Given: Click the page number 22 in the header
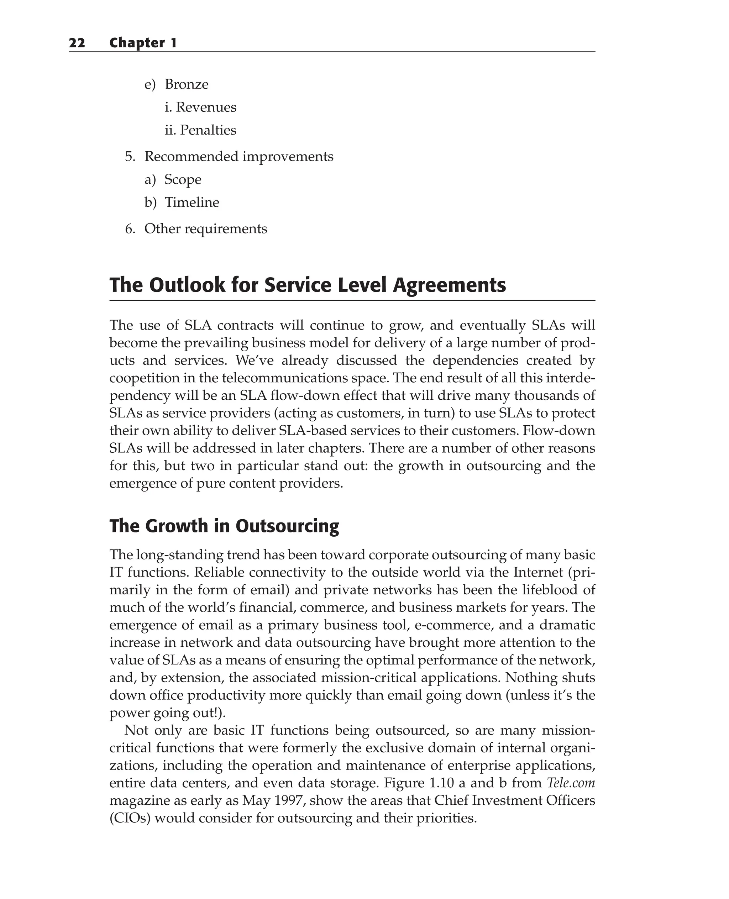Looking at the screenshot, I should click(77, 43).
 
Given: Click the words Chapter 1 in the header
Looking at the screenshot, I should click(143, 43).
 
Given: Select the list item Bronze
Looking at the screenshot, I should click(187, 84).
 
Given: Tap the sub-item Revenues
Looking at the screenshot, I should click(206, 107).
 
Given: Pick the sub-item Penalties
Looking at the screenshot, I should click(208, 130).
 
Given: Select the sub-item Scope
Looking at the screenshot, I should click(183, 180).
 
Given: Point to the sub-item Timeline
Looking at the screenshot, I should click(192, 203).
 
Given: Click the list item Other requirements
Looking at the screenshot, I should click(205, 229).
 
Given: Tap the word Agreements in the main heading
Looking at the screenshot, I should click(449, 285).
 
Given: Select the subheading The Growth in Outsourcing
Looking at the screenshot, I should click(224, 526).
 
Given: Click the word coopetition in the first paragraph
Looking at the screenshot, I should click(143, 378).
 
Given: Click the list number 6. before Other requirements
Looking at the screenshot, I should click(130, 229).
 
